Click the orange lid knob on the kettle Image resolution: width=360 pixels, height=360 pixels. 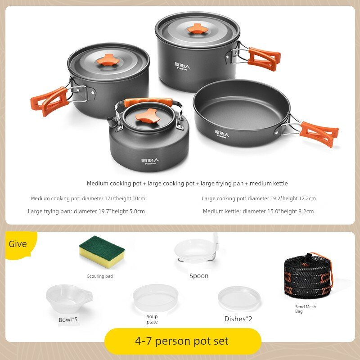point(147,116)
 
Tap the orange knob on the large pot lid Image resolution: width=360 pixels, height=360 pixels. point(198,29)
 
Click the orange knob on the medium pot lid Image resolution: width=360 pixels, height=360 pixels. point(108,60)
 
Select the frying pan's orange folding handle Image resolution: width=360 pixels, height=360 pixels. point(319,134)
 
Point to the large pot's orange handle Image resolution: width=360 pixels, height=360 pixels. point(264,59)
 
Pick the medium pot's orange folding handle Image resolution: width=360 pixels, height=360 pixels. point(49,101)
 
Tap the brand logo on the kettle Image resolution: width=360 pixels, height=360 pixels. point(150,161)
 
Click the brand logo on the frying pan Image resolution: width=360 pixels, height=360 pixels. point(222,134)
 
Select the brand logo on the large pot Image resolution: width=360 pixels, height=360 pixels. point(182,66)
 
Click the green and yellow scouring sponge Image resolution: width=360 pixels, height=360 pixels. point(102,252)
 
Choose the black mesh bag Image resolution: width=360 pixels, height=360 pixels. point(308,276)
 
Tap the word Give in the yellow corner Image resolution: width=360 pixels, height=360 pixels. point(18,244)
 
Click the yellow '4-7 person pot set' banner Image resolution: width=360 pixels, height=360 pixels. point(183,341)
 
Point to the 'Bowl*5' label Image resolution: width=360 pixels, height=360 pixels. point(68,319)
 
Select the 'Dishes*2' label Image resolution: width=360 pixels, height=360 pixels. point(238,319)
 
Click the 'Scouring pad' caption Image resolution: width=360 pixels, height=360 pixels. point(100,276)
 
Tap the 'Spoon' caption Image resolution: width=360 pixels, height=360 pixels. point(199,276)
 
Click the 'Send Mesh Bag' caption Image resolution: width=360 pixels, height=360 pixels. point(306,309)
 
